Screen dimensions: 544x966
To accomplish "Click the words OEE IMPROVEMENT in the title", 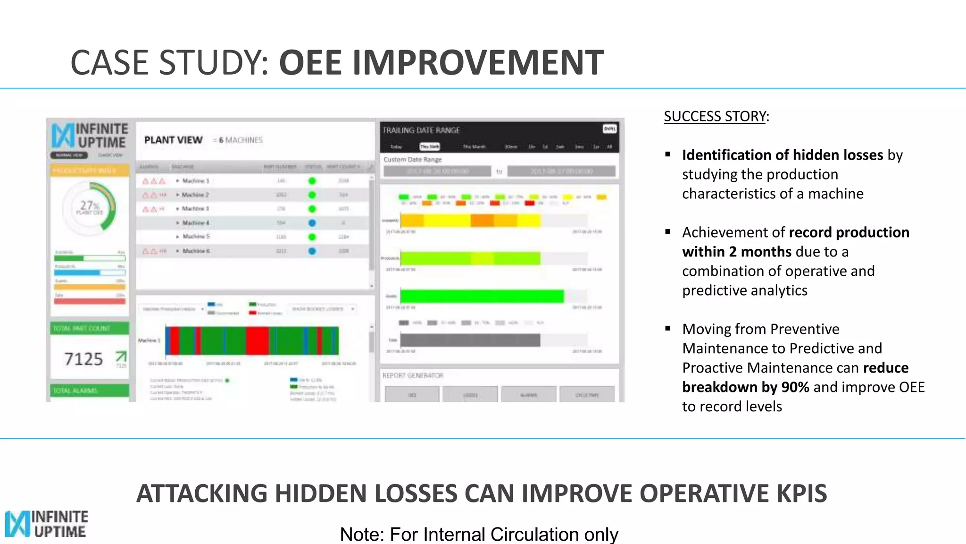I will (x=441, y=62).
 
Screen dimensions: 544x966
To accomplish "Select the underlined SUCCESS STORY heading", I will (x=715, y=116).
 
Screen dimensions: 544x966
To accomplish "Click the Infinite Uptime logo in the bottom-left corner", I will (x=46, y=524).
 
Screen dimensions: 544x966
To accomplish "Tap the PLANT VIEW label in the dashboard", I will (x=173, y=140).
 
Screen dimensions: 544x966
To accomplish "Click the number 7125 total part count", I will (x=83, y=359).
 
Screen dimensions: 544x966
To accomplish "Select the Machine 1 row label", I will (x=195, y=181).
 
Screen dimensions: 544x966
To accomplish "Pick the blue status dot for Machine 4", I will (x=312, y=223).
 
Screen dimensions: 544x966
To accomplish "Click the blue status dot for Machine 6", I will (x=312, y=251).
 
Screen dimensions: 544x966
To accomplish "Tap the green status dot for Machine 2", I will (x=312, y=195).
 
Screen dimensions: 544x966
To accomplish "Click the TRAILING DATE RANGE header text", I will (x=421, y=130).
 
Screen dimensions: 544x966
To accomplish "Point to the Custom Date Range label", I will (x=413, y=160).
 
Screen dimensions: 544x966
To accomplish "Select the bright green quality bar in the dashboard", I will (x=482, y=296).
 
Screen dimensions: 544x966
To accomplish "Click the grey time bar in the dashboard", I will (x=470, y=340).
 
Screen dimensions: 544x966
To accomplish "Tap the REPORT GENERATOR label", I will (x=413, y=375).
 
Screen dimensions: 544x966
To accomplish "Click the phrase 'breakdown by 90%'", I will (x=745, y=387).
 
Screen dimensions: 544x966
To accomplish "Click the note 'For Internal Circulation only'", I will (x=479, y=534).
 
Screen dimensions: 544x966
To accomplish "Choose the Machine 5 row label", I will (x=196, y=237).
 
